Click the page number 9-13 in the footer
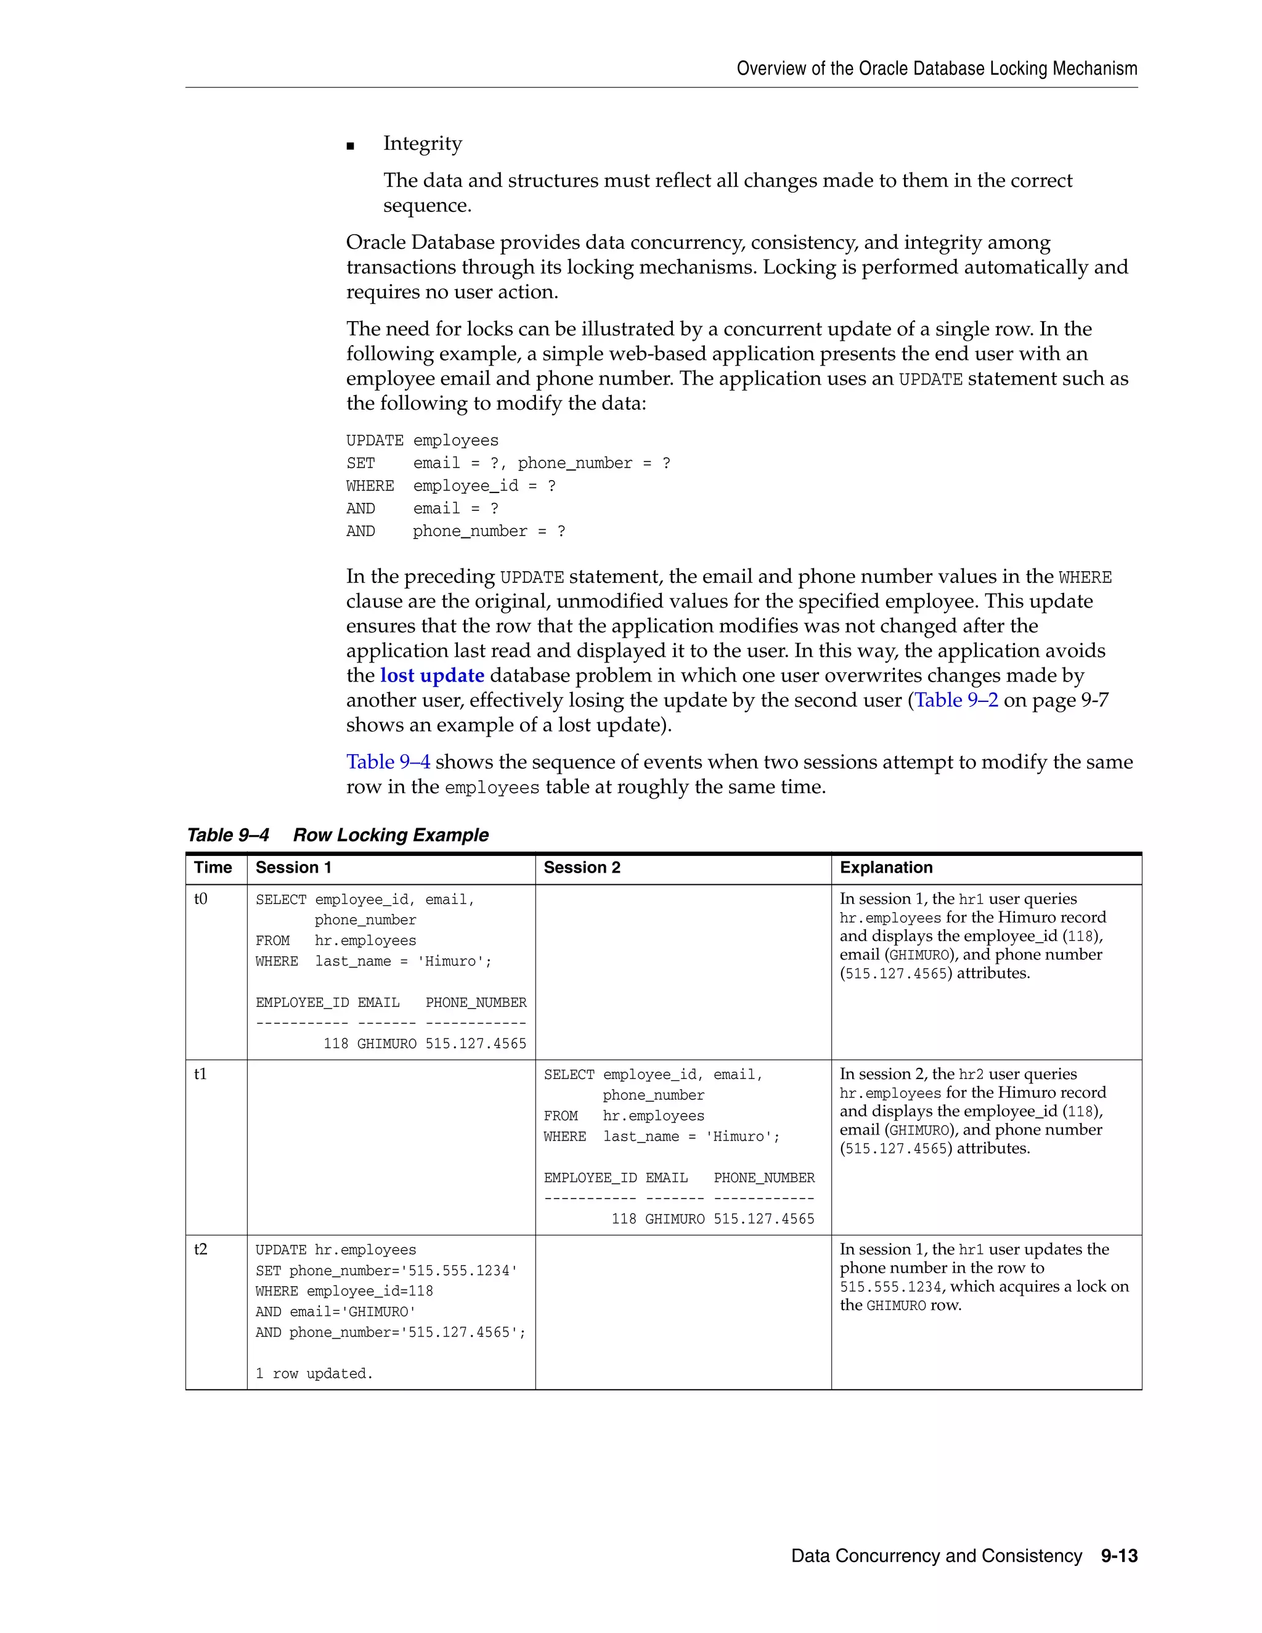(x=1118, y=1555)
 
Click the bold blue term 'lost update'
(x=432, y=675)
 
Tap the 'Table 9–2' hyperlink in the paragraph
(x=956, y=700)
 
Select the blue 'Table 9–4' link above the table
(x=388, y=762)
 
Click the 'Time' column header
(x=213, y=868)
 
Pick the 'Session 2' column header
(x=582, y=868)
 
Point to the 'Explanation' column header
(x=886, y=868)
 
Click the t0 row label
(x=201, y=898)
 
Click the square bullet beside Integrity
(x=350, y=146)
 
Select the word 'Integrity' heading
(x=422, y=144)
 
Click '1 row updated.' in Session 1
(x=314, y=1374)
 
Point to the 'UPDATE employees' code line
(x=421, y=441)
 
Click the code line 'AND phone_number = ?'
(x=455, y=531)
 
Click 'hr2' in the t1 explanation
(x=971, y=1075)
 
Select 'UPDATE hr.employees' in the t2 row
(x=336, y=1250)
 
